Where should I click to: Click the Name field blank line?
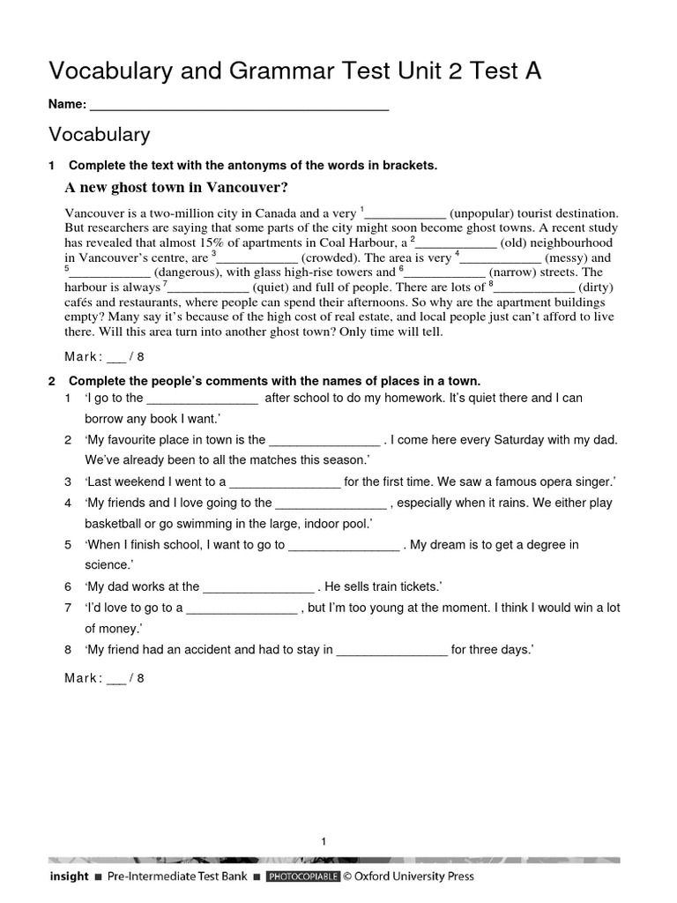pyautogui.click(x=239, y=106)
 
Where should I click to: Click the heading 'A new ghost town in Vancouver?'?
pyautogui.click(x=176, y=187)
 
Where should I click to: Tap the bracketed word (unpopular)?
pyautogui.click(x=480, y=213)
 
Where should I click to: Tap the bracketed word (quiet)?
pyautogui.click(x=274, y=287)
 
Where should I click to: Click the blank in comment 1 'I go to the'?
pyautogui.click(x=202, y=399)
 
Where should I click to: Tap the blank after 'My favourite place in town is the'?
pyautogui.click(x=324, y=440)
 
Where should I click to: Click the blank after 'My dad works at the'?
pyautogui.click(x=258, y=586)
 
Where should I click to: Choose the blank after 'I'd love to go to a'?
pyautogui.click(x=242, y=608)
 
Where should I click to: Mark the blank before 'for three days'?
pyautogui.click(x=392, y=650)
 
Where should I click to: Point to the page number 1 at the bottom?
pyautogui.click(x=324, y=841)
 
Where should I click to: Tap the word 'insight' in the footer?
pyautogui.click(x=69, y=877)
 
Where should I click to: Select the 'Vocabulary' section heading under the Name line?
pyautogui.click(x=100, y=135)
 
